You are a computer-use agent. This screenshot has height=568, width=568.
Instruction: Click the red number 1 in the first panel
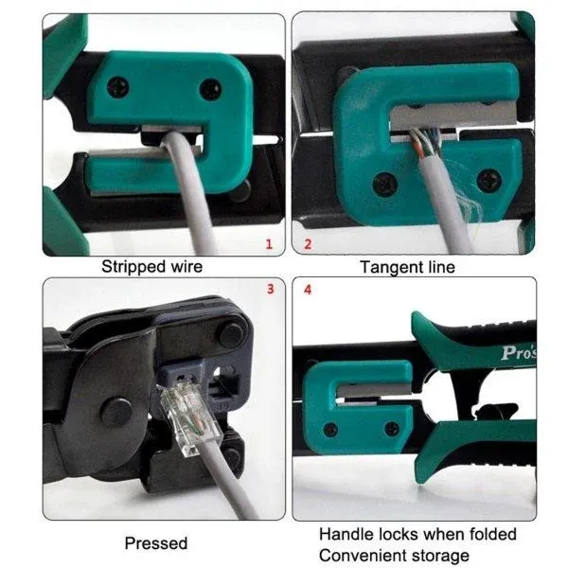point(269,244)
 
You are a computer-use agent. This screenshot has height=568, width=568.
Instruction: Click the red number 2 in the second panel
point(308,244)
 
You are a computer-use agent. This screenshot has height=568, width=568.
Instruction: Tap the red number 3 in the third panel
point(270,289)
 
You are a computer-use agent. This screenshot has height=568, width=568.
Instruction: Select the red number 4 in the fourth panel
point(308,290)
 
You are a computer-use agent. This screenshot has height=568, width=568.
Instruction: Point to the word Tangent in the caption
point(389,268)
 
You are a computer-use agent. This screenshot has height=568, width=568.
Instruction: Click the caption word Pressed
point(156,543)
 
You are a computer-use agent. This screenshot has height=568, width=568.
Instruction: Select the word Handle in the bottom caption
point(346,534)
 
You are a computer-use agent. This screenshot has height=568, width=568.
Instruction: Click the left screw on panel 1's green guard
point(118,87)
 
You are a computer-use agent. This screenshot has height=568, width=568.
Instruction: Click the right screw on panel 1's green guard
point(211,89)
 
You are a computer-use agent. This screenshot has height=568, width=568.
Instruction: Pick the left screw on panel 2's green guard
point(385,184)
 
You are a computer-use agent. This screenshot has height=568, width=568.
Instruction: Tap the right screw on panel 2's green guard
point(489,180)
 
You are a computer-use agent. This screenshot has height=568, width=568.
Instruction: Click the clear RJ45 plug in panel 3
point(190,417)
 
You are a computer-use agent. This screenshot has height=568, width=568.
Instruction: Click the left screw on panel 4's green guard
point(330,430)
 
